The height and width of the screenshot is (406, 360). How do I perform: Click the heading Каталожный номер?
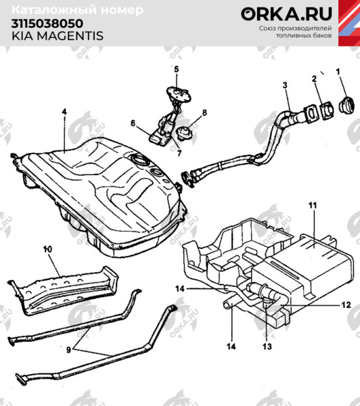coord(78,10)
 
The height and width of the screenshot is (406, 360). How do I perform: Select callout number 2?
coord(315,81)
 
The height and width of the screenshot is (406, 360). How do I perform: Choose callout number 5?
coord(175,69)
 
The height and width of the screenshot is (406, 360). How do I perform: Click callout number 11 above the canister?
coord(312,204)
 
